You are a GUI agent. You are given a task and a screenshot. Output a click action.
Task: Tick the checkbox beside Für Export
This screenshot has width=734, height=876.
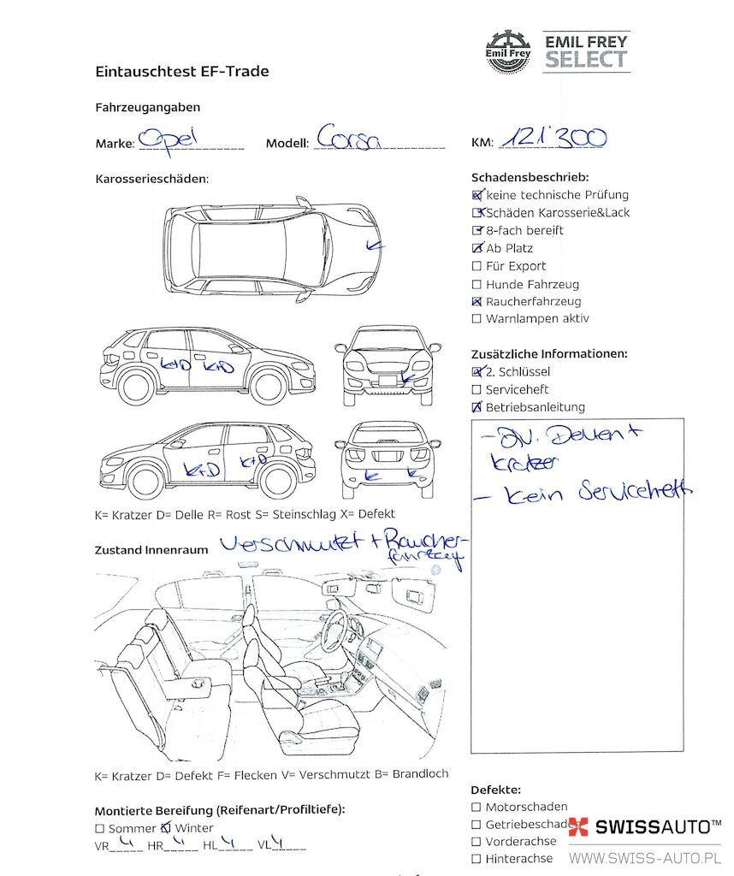(477, 266)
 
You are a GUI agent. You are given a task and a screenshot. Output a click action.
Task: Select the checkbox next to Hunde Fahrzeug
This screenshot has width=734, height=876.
(477, 284)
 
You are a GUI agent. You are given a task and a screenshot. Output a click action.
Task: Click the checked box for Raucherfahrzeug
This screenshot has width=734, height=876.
(477, 302)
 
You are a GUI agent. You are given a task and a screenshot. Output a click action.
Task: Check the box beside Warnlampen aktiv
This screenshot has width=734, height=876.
(477, 319)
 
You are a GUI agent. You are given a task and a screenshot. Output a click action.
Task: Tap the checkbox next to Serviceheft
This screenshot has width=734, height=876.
(477, 390)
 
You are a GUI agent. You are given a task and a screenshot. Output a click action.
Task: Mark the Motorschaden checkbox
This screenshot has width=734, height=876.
(477, 807)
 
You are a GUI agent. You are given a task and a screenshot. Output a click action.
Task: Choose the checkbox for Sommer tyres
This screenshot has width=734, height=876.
(100, 828)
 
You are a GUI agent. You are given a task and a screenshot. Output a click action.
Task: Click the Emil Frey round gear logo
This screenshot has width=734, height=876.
(508, 50)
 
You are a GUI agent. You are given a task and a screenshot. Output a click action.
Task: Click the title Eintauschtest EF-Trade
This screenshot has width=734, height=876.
(182, 72)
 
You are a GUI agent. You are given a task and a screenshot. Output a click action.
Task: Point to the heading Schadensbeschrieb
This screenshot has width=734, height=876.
(530, 177)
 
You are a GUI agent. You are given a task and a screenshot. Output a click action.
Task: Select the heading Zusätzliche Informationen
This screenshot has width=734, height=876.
(549, 353)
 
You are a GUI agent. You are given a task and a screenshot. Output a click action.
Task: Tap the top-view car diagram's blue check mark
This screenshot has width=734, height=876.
(372, 246)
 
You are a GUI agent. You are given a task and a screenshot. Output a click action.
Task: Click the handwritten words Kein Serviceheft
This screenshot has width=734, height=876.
(598, 491)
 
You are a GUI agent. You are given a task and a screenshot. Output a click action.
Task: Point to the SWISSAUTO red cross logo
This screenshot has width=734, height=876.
(579, 827)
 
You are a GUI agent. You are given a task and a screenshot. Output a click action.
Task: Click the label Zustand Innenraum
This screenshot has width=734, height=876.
(151, 550)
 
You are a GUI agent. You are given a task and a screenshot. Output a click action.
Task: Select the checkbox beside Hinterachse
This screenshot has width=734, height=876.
(477, 858)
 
